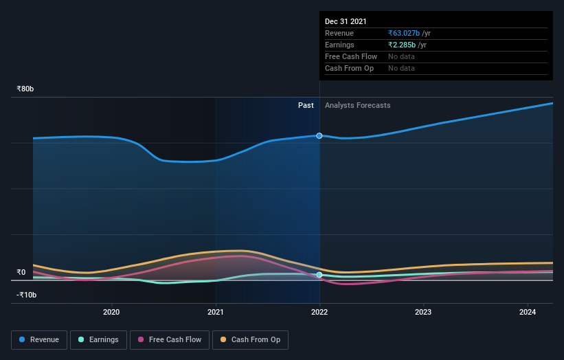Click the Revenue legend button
[39, 339]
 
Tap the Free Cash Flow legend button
[169, 339]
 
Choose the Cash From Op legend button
[250, 339]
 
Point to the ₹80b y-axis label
[25, 89]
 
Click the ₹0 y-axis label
[21, 272]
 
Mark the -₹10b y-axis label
[27, 295]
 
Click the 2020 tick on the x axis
[111, 312]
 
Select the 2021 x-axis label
[216, 312]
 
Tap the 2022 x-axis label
[319, 312]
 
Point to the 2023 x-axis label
[423, 312]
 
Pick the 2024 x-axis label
[528, 312]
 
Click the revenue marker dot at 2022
[319, 136]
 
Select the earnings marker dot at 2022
[319, 275]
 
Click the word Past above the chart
[306, 105]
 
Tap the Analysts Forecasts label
[357, 105]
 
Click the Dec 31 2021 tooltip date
[346, 21]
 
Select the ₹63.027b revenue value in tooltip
[407, 33]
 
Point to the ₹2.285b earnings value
[405, 45]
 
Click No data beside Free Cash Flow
[401, 56]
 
